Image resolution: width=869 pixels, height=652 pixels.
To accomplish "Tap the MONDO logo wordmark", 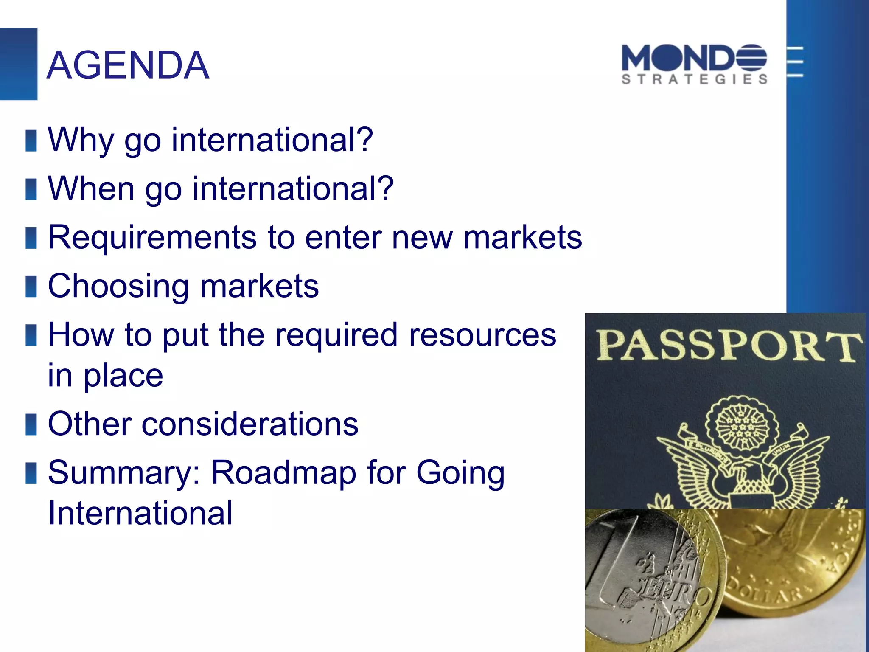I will pos(693,58).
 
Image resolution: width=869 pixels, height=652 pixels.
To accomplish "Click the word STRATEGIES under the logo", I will pos(695,79).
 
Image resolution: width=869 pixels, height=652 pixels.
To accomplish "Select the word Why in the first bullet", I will pos(81,140).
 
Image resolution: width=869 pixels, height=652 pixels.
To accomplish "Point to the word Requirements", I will pos(152,237).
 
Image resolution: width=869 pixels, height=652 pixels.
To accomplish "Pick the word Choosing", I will pos(118,286).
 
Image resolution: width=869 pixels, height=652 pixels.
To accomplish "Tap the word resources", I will pos(482,335).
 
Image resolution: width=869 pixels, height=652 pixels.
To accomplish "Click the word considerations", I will pos(250,424).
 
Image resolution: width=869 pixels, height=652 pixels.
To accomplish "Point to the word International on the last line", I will pos(140,513).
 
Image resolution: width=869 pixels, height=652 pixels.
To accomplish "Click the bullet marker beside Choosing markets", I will pos(31,287).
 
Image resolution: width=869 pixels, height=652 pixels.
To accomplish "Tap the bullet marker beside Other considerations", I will pos(31,424).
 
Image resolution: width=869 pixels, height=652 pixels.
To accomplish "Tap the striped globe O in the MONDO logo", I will pos(751,58).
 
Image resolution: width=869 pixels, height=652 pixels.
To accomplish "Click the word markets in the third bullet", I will pos(523,237).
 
